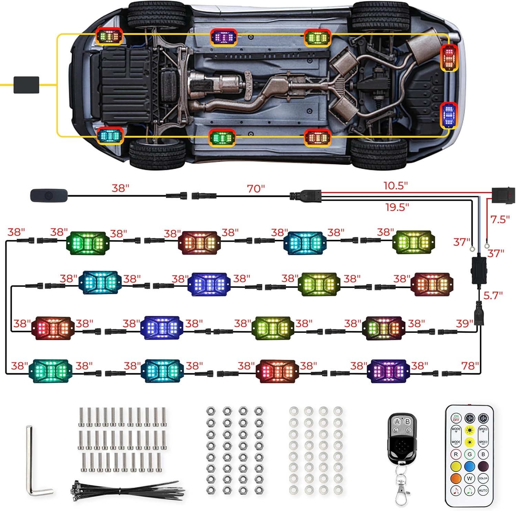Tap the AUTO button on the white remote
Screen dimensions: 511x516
pos(483,490)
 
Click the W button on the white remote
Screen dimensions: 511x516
pos(470,478)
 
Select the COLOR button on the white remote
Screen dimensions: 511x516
pos(483,478)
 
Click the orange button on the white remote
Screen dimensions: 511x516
pos(456,478)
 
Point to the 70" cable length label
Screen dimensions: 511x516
pos(256,189)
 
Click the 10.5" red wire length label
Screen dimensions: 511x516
pos(396,186)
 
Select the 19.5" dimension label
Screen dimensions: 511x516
pos(397,207)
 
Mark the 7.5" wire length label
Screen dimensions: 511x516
pos(500,220)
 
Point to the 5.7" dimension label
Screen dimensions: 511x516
pos(493,295)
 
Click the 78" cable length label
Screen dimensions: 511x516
pos(470,366)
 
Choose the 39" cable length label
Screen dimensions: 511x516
pos(464,324)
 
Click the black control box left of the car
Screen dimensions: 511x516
pos(26,85)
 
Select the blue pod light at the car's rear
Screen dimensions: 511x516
pos(449,115)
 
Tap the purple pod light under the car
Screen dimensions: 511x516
pos(224,37)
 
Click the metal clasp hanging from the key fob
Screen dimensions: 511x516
pos(402,488)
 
